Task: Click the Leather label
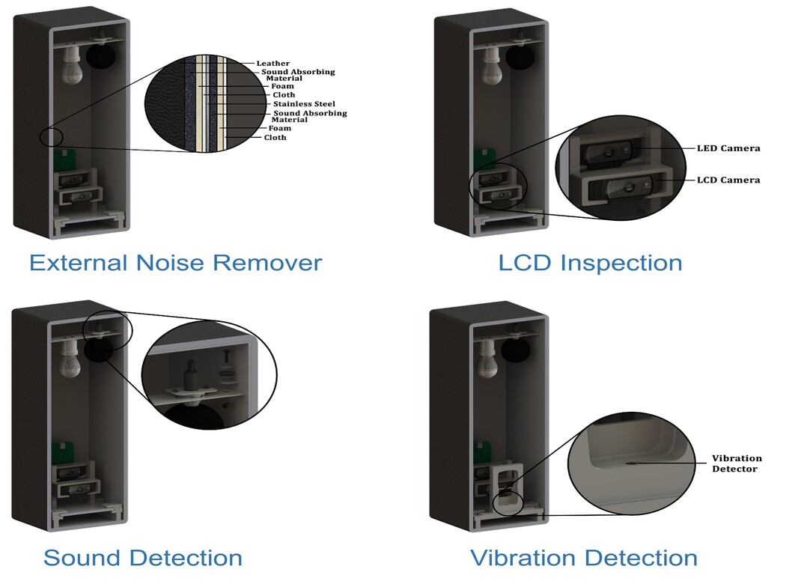click(x=272, y=64)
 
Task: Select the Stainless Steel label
click(x=304, y=104)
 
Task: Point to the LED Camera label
click(x=728, y=148)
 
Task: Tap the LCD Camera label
click(x=728, y=180)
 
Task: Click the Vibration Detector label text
click(x=736, y=463)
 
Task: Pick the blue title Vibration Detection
click(x=583, y=558)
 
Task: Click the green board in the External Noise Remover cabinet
click(x=66, y=159)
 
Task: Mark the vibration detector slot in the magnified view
click(x=633, y=463)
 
